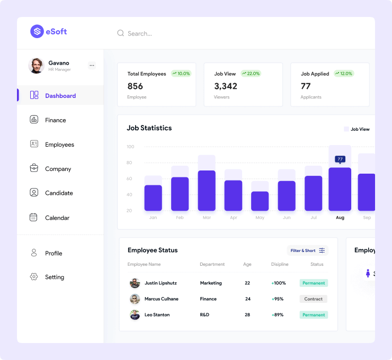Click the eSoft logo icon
click(x=37, y=31)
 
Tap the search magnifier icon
click(x=120, y=33)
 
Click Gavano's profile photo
click(x=36, y=66)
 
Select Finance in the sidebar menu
click(x=55, y=120)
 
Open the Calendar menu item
click(x=57, y=218)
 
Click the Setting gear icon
click(x=34, y=277)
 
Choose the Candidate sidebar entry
click(x=59, y=193)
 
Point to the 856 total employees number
click(x=135, y=86)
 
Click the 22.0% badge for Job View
click(x=251, y=74)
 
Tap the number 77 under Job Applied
click(x=306, y=86)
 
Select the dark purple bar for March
click(x=207, y=191)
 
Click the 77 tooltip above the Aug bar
click(x=340, y=159)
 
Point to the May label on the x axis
click(x=260, y=218)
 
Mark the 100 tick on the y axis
click(x=130, y=147)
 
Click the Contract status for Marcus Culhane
click(x=313, y=299)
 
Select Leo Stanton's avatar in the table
click(x=135, y=315)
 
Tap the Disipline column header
click(x=280, y=264)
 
